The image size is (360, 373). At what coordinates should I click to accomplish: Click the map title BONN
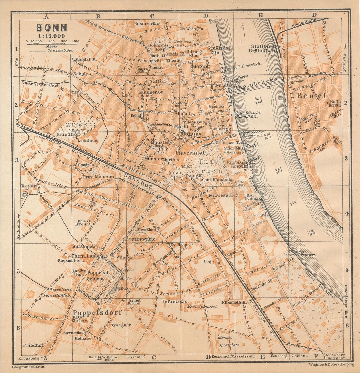click(x=52, y=28)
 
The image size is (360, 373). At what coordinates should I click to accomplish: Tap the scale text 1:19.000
click(x=52, y=36)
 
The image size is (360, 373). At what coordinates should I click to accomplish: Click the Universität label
click(x=190, y=152)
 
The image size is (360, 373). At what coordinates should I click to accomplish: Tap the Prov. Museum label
click(x=99, y=177)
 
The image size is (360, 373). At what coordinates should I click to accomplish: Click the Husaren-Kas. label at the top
click(x=148, y=24)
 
